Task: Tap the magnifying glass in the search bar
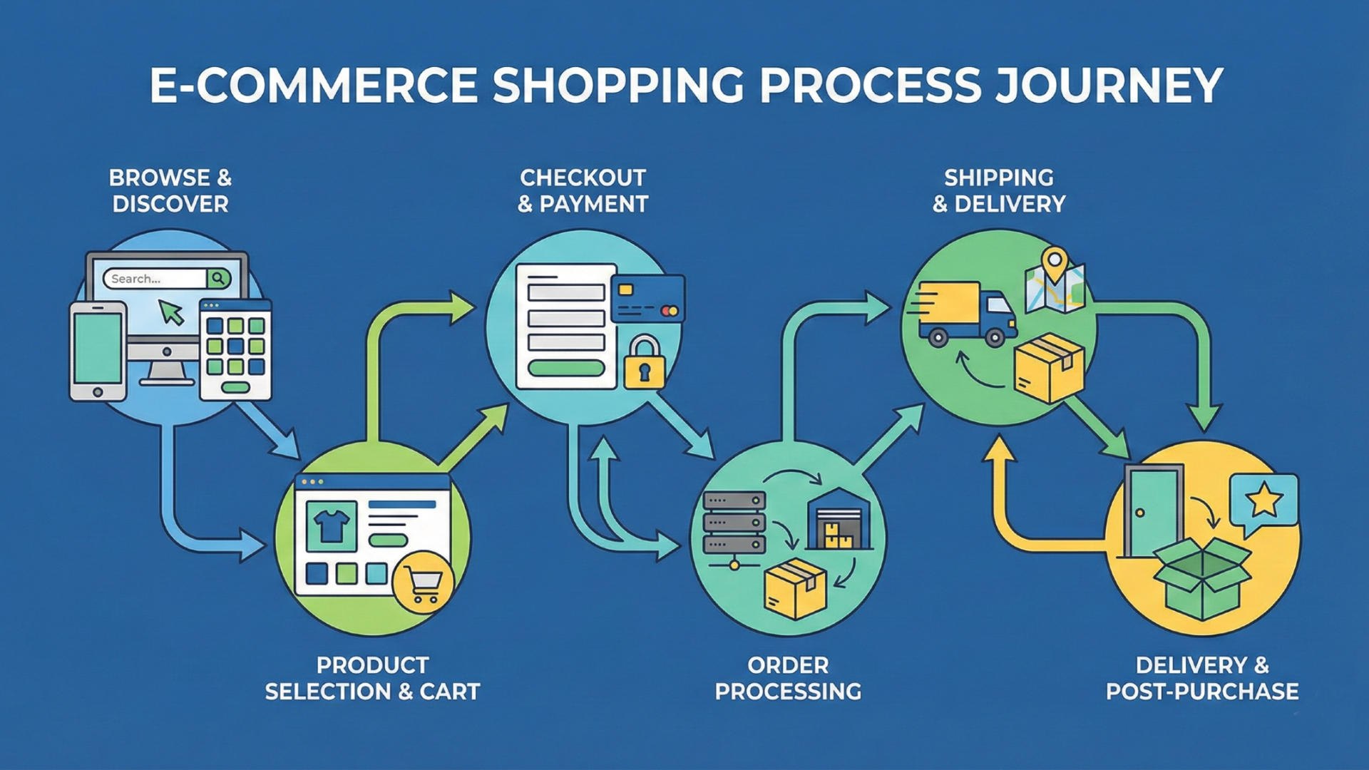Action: click(219, 278)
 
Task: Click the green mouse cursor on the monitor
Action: click(170, 312)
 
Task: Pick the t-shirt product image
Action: click(332, 526)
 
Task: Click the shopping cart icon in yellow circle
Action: click(424, 582)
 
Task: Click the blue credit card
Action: click(647, 299)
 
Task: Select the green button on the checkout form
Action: click(566, 368)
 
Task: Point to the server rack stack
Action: click(734, 523)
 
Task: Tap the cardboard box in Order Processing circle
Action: click(794, 589)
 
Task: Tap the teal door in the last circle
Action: click(1153, 510)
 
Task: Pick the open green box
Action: click(1202, 577)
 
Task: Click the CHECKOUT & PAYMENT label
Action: click(583, 190)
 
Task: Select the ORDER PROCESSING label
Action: click(788, 678)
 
